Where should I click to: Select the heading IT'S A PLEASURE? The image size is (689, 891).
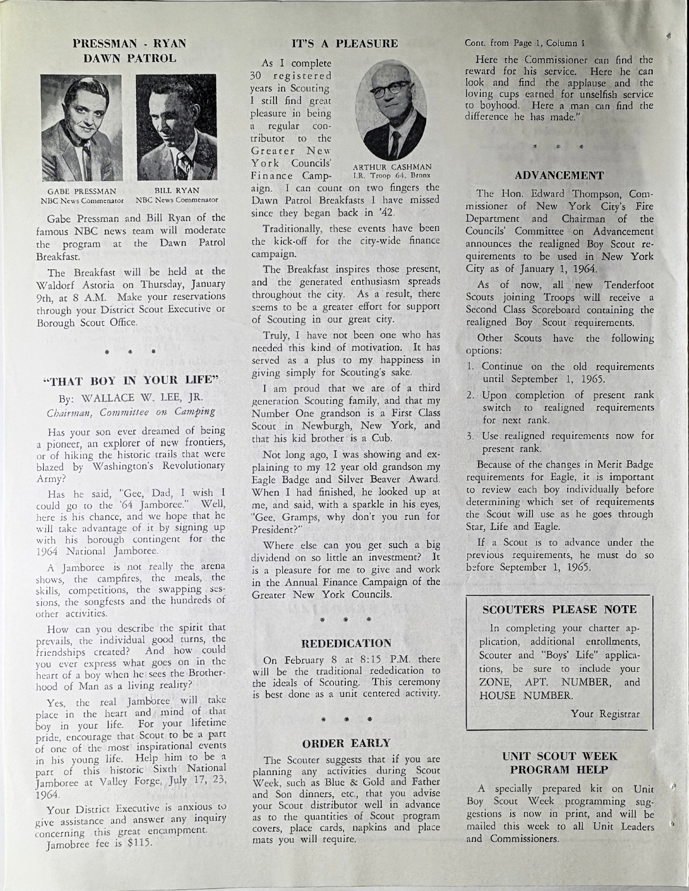coord(344,43)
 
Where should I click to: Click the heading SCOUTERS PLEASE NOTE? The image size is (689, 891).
coord(559,609)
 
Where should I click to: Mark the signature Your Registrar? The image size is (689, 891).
coord(605,713)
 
